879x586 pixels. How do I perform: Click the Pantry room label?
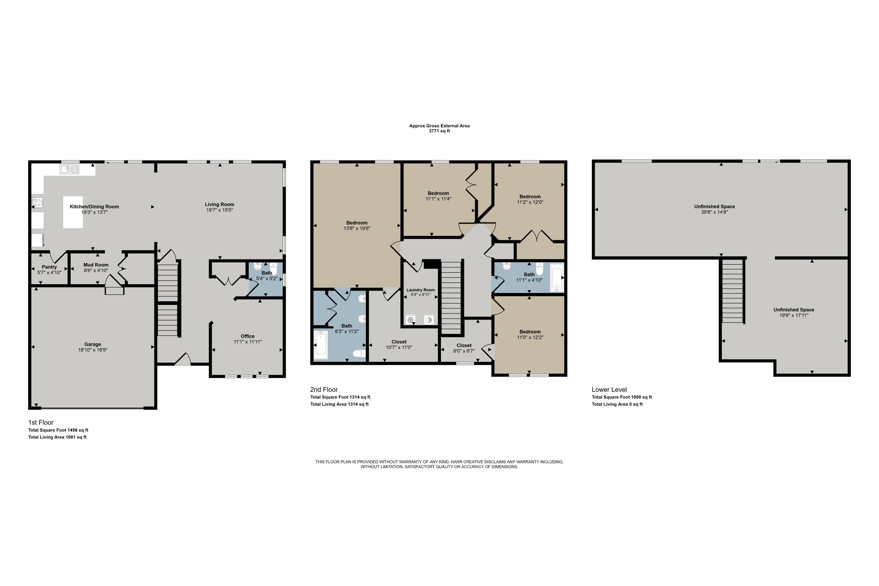[x=49, y=267]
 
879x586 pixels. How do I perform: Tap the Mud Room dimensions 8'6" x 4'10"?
[x=96, y=270]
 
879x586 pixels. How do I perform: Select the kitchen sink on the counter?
[x=69, y=169]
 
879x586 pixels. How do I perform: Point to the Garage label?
[x=93, y=344]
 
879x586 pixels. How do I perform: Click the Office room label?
[x=247, y=336]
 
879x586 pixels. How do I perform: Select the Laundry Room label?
[x=420, y=290]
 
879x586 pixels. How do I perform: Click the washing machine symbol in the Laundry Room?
[x=411, y=320]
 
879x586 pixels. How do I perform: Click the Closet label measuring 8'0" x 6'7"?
[x=464, y=345]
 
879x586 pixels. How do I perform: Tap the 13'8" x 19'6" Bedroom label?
[x=357, y=223]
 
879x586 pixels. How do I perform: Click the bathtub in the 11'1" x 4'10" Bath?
[x=556, y=277]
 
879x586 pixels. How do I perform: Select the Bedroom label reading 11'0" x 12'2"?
[x=529, y=331]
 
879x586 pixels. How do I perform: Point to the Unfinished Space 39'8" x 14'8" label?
[x=714, y=206]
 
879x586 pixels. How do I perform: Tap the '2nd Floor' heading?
[x=324, y=389]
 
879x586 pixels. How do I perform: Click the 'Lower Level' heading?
[x=609, y=389]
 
